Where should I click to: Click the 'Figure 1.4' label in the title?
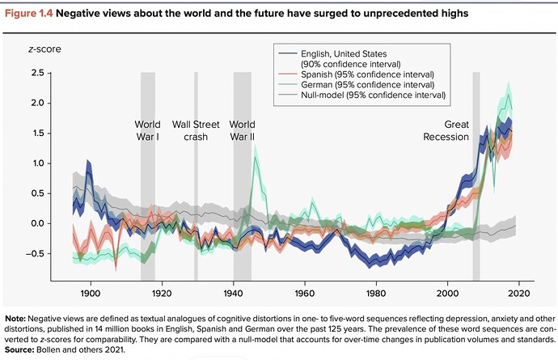click(x=28, y=14)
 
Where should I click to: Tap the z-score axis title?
click(x=44, y=49)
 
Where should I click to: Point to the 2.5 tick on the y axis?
click(x=38, y=73)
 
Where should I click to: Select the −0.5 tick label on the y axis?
click(x=36, y=253)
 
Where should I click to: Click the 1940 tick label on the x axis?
click(x=233, y=294)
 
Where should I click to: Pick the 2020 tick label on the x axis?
click(x=519, y=294)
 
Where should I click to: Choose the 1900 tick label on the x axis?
click(x=91, y=294)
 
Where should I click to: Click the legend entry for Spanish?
click(x=367, y=74)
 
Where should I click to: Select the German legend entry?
click(x=367, y=85)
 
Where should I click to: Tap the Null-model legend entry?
click(x=373, y=95)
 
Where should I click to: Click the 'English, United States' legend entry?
click(x=350, y=59)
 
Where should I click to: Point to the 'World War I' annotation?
click(x=147, y=130)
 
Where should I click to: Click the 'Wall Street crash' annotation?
click(x=196, y=130)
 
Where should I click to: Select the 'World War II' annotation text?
click(x=242, y=130)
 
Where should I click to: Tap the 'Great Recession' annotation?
click(x=446, y=130)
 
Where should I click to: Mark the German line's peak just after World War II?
click(x=255, y=158)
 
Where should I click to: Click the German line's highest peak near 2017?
click(x=509, y=95)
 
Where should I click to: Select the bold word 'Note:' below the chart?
click(x=15, y=319)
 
